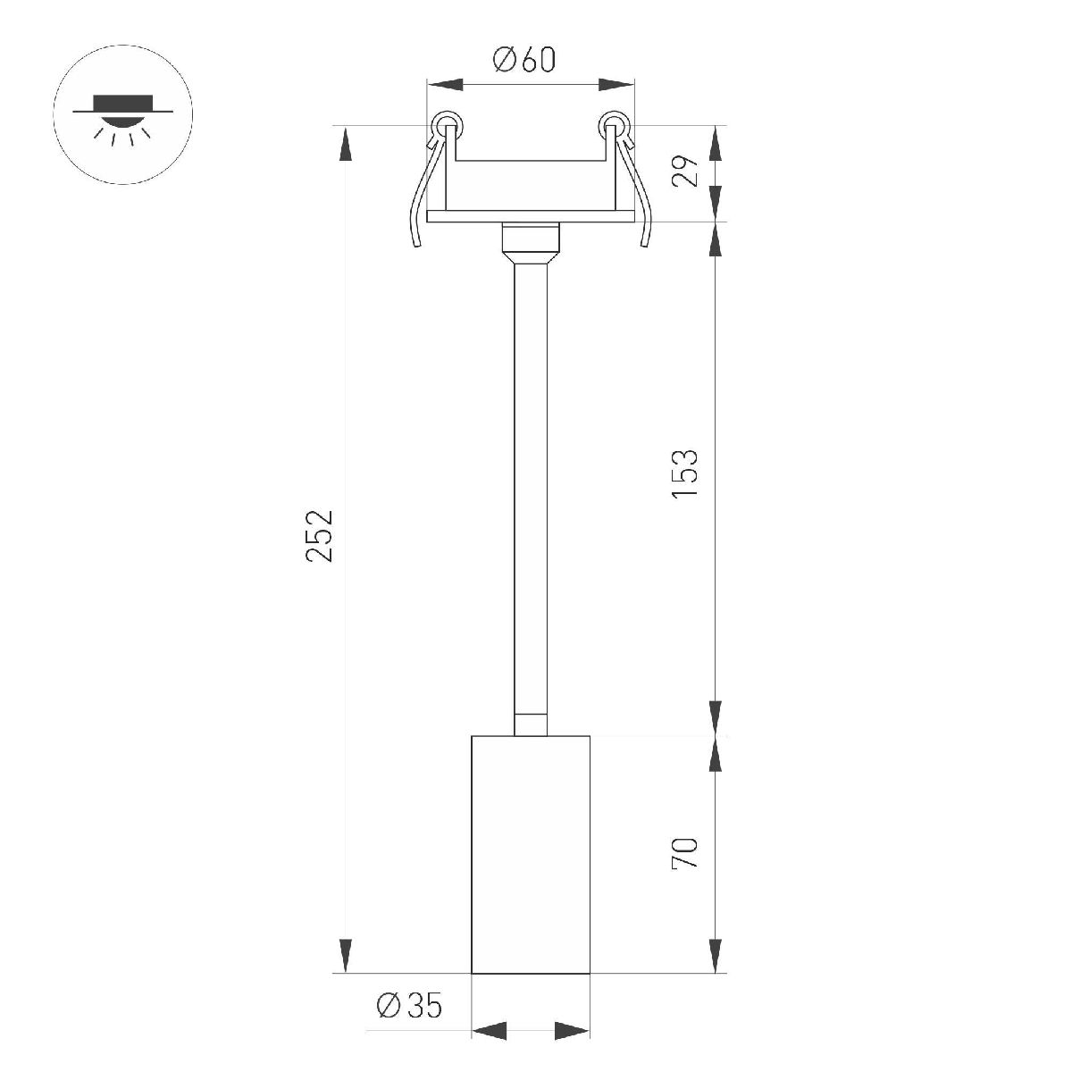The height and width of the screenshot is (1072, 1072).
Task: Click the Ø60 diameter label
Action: point(524,61)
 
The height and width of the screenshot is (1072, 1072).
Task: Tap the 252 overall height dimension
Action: point(320,535)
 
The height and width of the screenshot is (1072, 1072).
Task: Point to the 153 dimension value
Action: point(685,473)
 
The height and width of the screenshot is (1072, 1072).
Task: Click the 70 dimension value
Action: point(685,853)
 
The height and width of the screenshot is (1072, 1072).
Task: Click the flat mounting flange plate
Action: point(531,216)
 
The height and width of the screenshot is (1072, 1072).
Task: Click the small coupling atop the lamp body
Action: point(531,724)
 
